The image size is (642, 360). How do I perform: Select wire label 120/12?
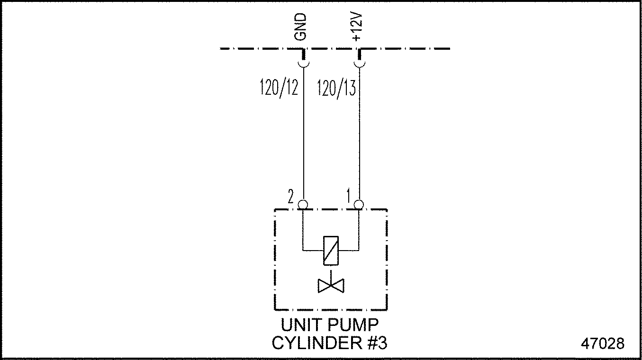pos(279,88)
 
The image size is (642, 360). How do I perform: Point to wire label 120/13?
pos(336,88)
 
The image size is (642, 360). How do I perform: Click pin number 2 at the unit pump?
pos(290,196)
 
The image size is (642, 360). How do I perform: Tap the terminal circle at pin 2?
pos(303,205)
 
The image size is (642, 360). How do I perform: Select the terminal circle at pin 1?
pos(359,205)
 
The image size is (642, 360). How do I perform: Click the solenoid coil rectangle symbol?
pos(331,250)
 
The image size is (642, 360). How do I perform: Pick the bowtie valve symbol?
pos(331,285)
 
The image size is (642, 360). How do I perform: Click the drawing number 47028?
pos(602,343)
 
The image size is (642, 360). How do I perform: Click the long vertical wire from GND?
pos(303,142)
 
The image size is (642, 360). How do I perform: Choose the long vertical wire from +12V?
pos(359,142)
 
